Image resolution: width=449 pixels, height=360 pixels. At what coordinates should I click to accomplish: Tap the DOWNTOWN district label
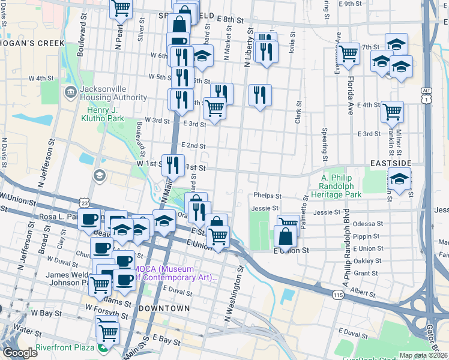(164, 308)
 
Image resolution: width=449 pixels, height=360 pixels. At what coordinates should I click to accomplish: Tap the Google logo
(20, 353)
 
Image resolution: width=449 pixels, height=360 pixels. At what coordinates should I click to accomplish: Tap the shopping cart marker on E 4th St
(392, 110)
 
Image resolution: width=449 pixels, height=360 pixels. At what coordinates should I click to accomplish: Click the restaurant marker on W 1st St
(173, 164)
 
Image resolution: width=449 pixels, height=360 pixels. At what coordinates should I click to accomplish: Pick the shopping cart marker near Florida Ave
(349, 53)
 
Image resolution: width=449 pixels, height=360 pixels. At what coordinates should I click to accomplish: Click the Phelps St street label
(268, 196)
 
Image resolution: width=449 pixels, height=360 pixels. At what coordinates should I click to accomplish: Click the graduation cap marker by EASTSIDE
(399, 178)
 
